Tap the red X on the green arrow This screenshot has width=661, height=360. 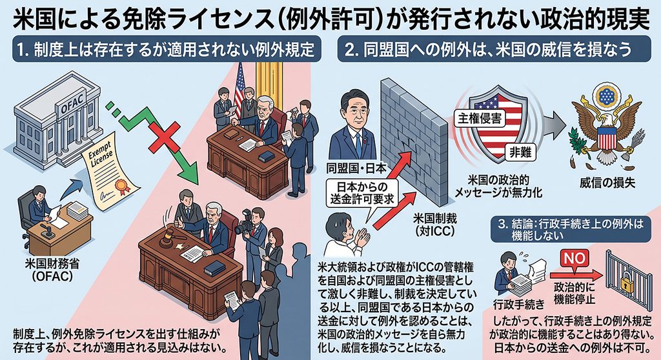[x=164, y=137]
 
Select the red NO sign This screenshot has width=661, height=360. [x=575, y=258]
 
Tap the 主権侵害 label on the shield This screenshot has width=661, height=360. [x=480, y=119]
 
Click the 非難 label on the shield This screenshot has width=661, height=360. [x=521, y=152]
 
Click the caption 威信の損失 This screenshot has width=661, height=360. [x=607, y=183]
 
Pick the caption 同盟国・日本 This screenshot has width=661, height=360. [x=356, y=168]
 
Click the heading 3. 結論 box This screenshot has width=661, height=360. [x=571, y=229]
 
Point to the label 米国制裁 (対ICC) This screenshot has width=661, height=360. [x=434, y=225]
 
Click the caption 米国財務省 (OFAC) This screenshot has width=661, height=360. [x=52, y=270]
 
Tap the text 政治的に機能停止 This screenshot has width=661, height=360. [x=574, y=294]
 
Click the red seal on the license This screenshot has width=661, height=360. [x=121, y=185]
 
